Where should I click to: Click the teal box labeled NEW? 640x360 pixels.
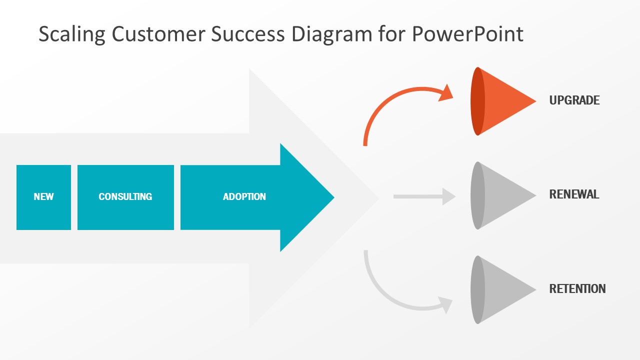43,197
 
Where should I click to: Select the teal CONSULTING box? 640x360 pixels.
125,197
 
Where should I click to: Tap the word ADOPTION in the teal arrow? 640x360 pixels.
244,196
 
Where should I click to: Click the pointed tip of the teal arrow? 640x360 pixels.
334,197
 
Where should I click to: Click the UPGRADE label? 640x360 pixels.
574,100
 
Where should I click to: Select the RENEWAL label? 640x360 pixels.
574,194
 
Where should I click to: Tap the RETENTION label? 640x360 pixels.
577,288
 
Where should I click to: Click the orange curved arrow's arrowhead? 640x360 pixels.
446,93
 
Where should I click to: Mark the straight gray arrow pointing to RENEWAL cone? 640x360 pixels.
424,196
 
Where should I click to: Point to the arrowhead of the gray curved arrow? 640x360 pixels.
445,304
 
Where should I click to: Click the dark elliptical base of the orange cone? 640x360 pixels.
477,101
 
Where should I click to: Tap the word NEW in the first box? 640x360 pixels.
43,196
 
